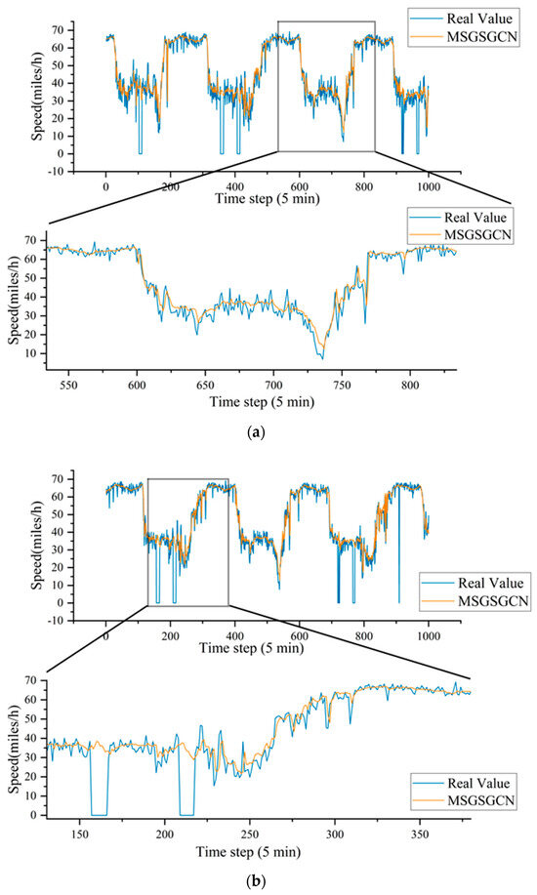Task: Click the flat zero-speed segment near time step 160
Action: (x=99, y=814)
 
